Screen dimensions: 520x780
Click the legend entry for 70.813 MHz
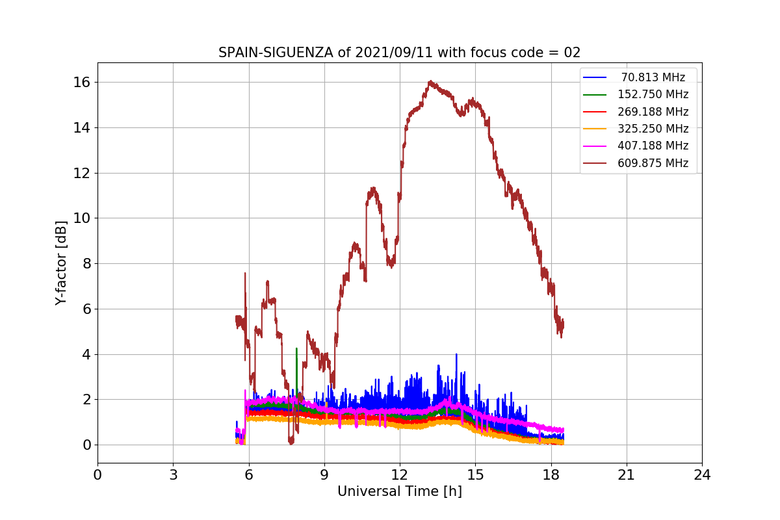point(653,77)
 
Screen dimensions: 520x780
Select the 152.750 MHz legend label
point(653,94)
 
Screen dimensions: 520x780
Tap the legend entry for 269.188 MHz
point(653,112)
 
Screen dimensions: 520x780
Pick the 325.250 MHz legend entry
point(653,129)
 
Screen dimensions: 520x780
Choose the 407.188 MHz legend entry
point(653,146)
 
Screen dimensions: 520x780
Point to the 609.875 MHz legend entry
point(653,163)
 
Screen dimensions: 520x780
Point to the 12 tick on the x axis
point(400,475)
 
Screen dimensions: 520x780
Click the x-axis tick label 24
point(702,475)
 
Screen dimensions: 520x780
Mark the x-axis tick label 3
point(173,475)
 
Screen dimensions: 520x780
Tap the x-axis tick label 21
point(627,475)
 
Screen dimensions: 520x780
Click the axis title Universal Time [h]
point(399,492)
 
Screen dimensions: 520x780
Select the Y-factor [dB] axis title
point(61,263)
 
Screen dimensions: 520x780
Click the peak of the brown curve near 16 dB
point(430,82)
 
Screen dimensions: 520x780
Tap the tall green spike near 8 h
point(296,349)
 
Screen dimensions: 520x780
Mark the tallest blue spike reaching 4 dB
point(456,355)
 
